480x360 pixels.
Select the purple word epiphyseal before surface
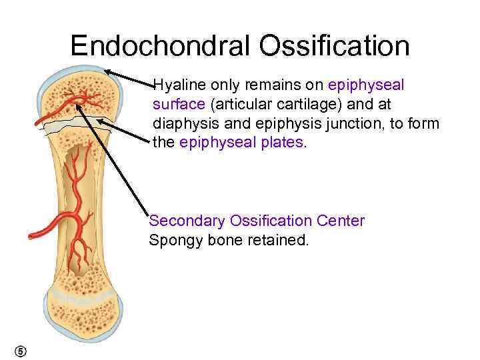tap(366, 85)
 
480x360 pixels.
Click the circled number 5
tap(21, 351)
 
